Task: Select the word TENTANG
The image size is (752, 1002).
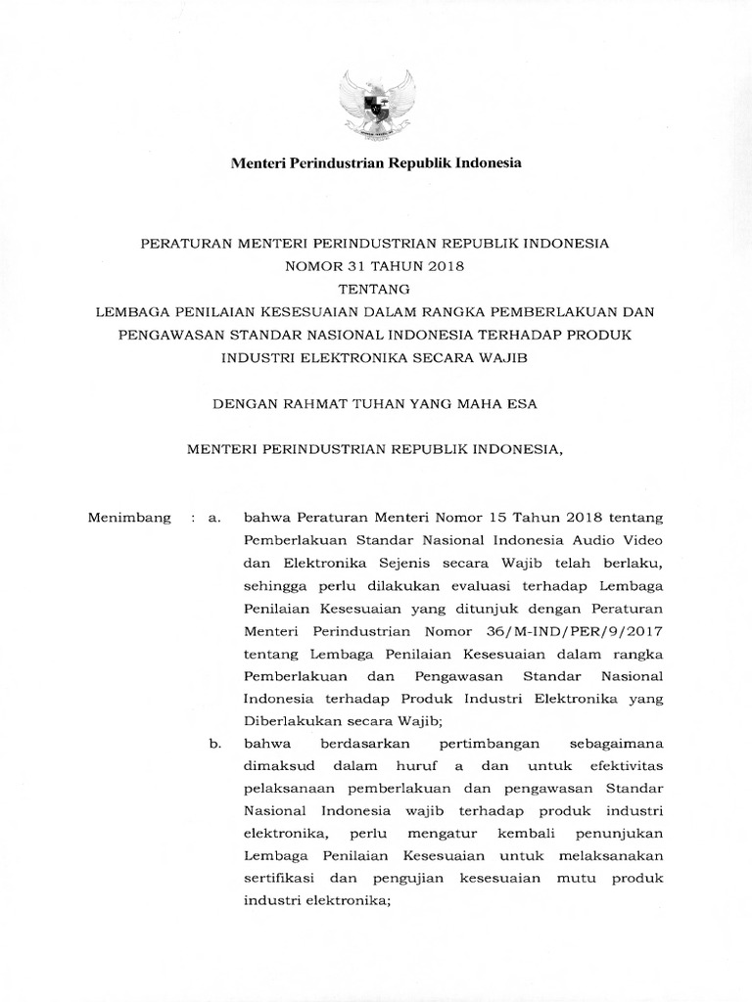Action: pos(376,289)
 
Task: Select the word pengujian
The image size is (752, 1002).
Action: pos(397,879)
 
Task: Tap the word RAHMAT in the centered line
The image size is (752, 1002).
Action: pos(313,402)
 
